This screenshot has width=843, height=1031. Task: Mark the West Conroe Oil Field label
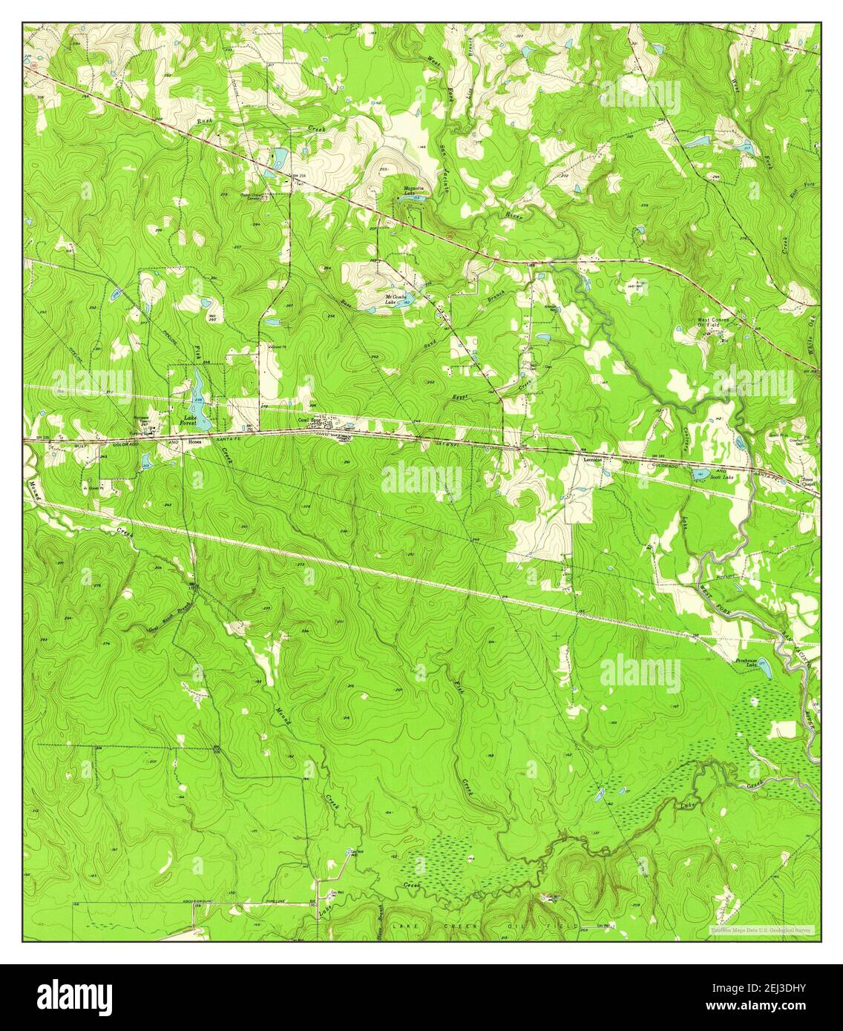[x=712, y=323]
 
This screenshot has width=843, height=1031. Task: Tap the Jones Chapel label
[x=807, y=482]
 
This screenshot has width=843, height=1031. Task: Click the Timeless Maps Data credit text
[x=760, y=929]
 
